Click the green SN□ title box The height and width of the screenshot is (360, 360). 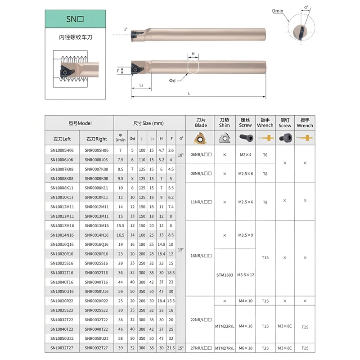pyautogui.click(x=75, y=19)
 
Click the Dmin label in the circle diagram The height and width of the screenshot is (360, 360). pyautogui.click(x=278, y=11)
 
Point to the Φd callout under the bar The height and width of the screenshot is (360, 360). pyautogui.click(x=172, y=81)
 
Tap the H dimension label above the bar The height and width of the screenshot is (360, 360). pyautogui.click(x=193, y=54)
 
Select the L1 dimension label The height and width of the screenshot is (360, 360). pyautogui.click(x=141, y=85)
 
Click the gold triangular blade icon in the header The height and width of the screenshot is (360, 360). pyautogui.click(x=200, y=138)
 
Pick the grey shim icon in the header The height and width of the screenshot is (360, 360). pyautogui.click(x=224, y=138)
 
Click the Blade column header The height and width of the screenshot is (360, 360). pyautogui.click(x=201, y=123)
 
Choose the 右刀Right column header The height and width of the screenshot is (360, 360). pyautogui.click(x=96, y=139)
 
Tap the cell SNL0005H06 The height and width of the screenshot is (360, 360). pyautogui.click(x=62, y=150)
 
